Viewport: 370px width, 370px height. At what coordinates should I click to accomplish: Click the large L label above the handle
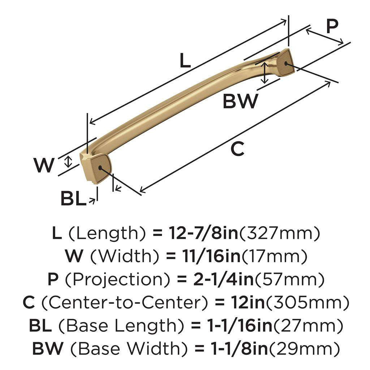click(x=185, y=60)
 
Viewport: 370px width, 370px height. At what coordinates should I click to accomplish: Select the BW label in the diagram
click(x=240, y=101)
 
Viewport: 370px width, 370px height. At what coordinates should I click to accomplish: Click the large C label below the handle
click(x=237, y=149)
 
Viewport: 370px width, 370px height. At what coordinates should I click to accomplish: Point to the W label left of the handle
click(x=44, y=165)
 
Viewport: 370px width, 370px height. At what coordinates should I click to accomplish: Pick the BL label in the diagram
click(x=73, y=198)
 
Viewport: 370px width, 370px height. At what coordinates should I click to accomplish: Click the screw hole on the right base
click(x=286, y=64)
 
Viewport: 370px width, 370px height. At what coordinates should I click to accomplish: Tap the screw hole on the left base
click(x=100, y=167)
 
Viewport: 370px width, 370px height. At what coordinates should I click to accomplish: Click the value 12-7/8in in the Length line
click(x=203, y=234)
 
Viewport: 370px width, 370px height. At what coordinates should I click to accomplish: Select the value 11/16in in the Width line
click(x=203, y=257)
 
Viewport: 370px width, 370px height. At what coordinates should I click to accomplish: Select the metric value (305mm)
click(x=307, y=302)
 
